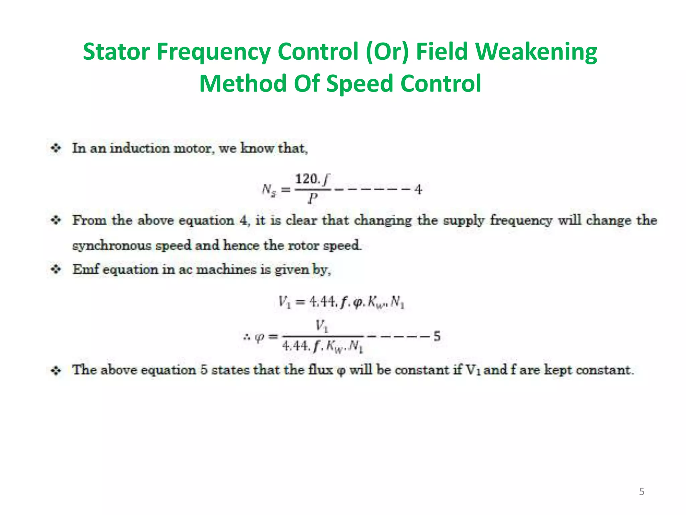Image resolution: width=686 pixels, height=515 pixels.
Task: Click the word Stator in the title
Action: point(116,52)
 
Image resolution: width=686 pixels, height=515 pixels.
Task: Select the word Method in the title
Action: point(243,83)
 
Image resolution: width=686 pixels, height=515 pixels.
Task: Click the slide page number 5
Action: point(641,492)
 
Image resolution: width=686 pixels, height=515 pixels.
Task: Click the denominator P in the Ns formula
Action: point(313,199)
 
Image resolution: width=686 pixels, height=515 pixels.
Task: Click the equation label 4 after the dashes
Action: point(418,190)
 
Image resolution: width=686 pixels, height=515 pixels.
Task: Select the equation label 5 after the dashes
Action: point(437,336)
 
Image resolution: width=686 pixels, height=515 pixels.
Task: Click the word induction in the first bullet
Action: point(140,148)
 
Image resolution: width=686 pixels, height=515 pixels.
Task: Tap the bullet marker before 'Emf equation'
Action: point(56,269)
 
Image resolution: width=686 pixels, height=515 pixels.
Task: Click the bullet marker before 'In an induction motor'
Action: point(56,148)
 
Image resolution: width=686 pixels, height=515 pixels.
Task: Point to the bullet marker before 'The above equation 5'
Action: point(56,370)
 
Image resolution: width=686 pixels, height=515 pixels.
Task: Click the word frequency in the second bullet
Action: point(521,221)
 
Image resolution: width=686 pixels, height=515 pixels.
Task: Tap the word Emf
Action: point(85,269)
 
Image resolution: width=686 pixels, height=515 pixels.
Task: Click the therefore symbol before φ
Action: point(247,337)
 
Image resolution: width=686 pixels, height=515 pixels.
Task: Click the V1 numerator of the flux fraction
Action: point(322,326)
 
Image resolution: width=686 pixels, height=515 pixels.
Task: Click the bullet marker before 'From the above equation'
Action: point(56,220)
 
